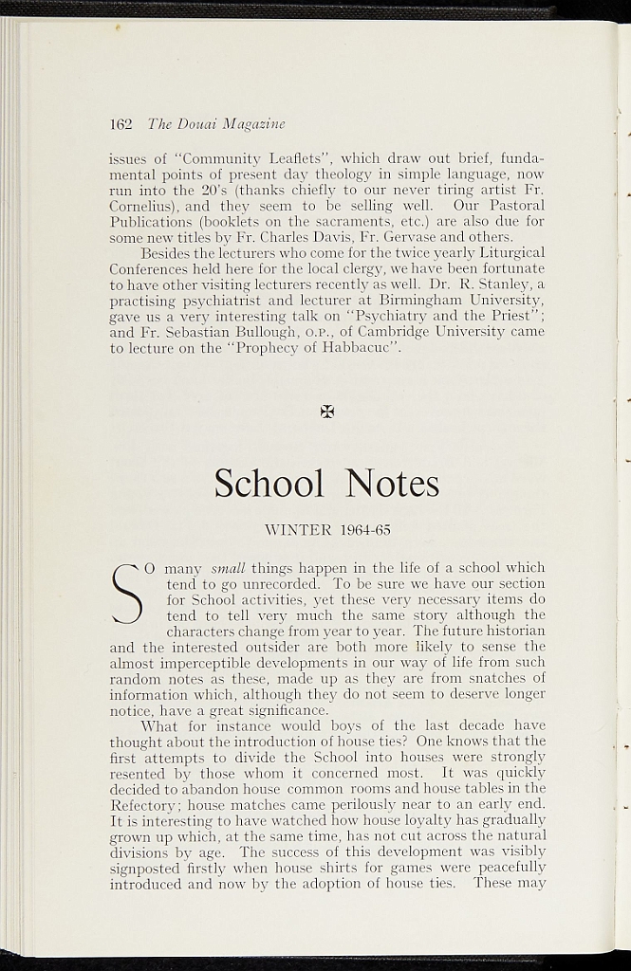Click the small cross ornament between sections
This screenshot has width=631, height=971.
click(326, 411)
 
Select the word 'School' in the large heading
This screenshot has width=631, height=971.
click(269, 484)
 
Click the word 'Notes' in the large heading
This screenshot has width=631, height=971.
click(392, 484)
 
